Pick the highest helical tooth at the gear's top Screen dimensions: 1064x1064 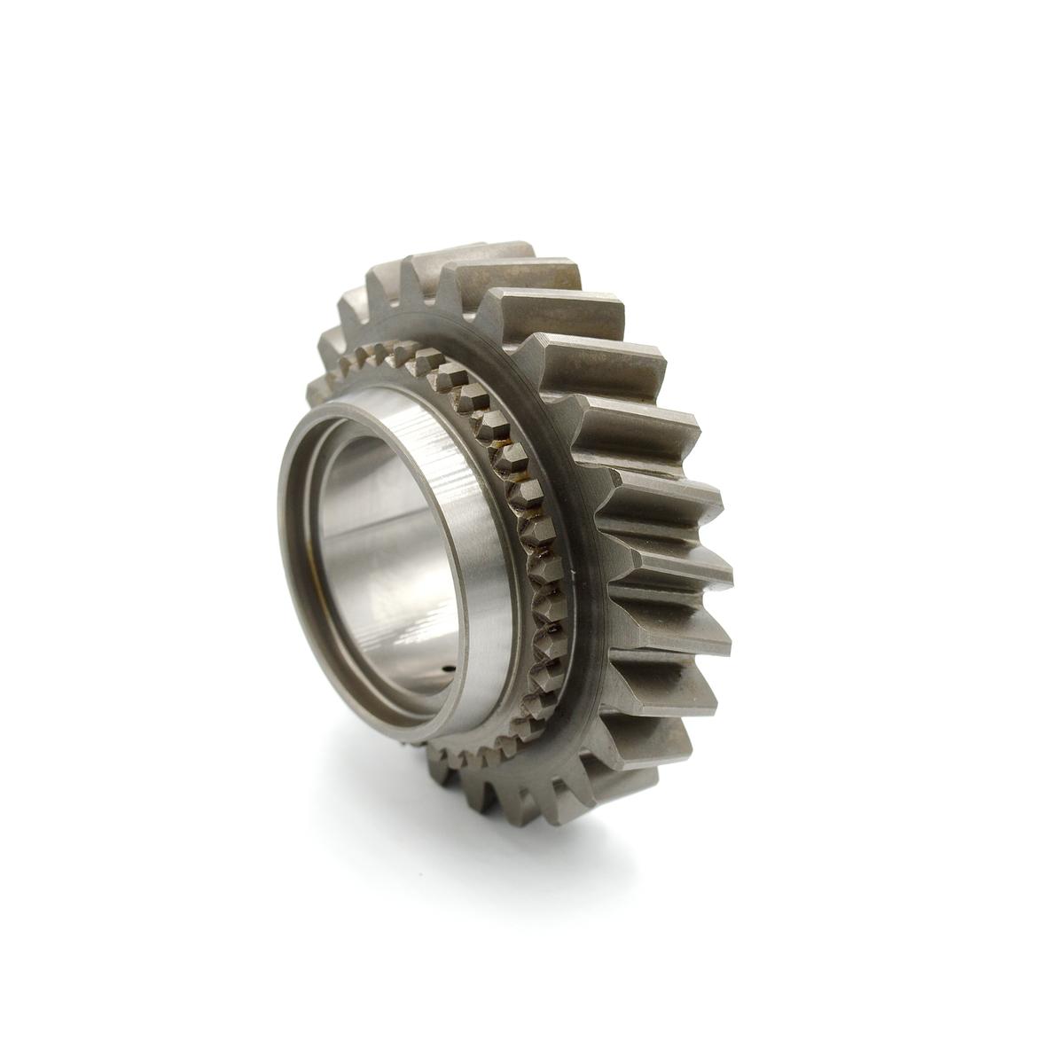click(483, 253)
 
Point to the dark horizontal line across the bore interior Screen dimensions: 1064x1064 click(390, 532)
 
